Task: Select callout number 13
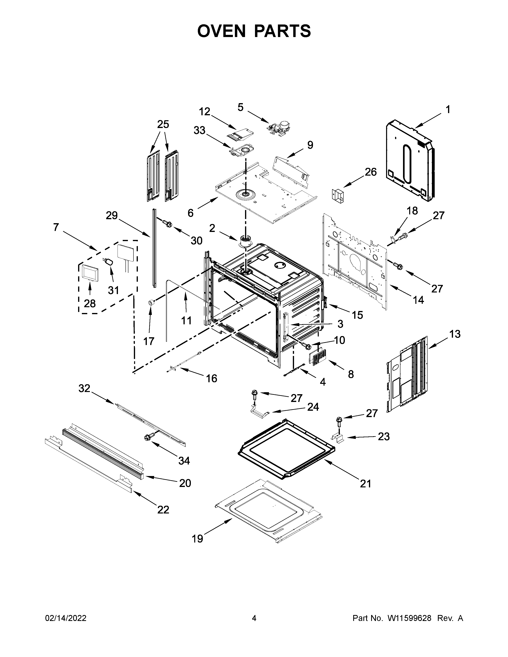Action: [x=455, y=334]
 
